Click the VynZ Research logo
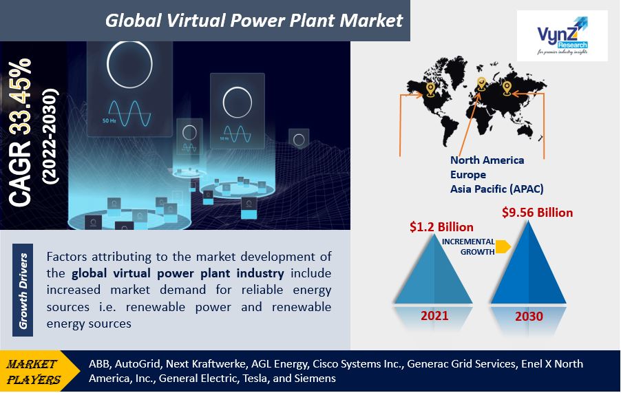[x=562, y=36]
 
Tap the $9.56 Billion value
[x=538, y=213]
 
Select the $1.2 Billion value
[x=441, y=226]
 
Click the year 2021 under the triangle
[x=434, y=315]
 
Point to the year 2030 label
[x=529, y=316]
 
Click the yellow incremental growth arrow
[x=503, y=246]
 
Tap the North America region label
[x=487, y=160]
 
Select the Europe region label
[x=468, y=175]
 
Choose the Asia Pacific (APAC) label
[x=496, y=189]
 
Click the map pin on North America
[x=430, y=89]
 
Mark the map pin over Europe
[x=481, y=84]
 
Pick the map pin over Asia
[x=507, y=87]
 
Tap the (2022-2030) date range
[x=50, y=136]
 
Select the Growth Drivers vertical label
[x=23, y=290]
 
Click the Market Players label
[x=33, y=372]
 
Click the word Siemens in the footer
[x=315, y=379]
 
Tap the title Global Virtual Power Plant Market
[x=254, y=21]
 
